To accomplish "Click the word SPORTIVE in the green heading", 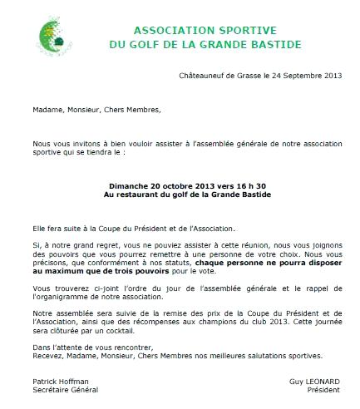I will coord(214,25).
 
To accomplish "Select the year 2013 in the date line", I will coord(331,76).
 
